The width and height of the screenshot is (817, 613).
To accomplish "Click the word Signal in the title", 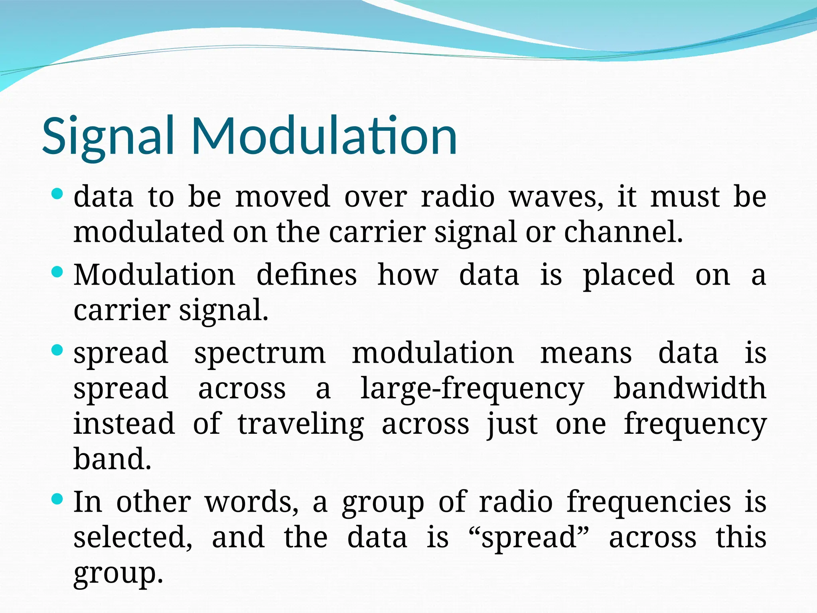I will pyautogui.click(x=108, y=136).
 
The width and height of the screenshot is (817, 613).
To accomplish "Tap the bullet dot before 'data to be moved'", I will pyautogui.click(x=57, y=194).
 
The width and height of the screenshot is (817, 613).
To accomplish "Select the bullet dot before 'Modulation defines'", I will pyautogui.click(x=57, y=273).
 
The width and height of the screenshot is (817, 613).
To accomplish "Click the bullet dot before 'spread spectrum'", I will pyautogui.click(x=57, y=350).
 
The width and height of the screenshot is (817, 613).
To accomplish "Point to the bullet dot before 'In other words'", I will pyautogui.click(x=57, y=499).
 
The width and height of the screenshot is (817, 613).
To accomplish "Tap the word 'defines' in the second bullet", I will pyautogui.click(x=306, y=275).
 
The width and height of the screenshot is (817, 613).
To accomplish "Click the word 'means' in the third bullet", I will pyautogui.click(x=586, y=354).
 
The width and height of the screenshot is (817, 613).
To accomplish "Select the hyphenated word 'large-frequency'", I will pyautogui.click(x=472, y=389).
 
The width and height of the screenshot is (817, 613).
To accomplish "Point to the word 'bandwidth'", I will pyautogui.click(x=690, y=388).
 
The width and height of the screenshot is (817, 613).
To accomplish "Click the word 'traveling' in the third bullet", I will pyautogui.click(x=301, y=425).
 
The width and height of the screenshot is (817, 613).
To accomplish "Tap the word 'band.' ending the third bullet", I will pyautogui.click(x=112, y=459).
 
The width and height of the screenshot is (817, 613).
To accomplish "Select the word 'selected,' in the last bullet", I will pyautogui.click(x=133, y=537).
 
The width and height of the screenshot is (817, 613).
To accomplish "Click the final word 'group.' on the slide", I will pyautogui.click(x=118, y=574).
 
